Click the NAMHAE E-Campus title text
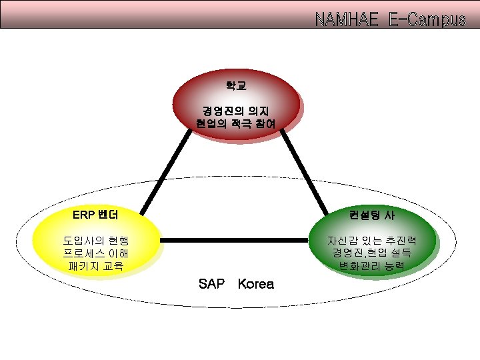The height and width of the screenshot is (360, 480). coord(390,19)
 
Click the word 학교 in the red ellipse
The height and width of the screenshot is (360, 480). coord(236,85)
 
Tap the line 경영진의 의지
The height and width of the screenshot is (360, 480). coord(236,110)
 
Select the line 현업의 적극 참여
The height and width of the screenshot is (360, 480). coord(236,123)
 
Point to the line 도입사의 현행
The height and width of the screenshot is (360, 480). coord(96,241)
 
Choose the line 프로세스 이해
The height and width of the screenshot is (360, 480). coord(96,254)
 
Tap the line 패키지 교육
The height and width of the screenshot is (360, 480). coord(96,267)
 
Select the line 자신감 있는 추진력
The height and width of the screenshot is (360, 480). coord(372,241)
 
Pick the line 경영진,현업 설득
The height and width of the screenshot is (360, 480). coord(372,254)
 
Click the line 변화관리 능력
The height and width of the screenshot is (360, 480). coord(372,267)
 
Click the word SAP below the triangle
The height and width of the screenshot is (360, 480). coord(212,284)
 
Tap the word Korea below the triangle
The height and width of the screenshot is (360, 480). coord(255,284)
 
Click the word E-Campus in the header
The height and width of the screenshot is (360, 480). coord(427,19)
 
